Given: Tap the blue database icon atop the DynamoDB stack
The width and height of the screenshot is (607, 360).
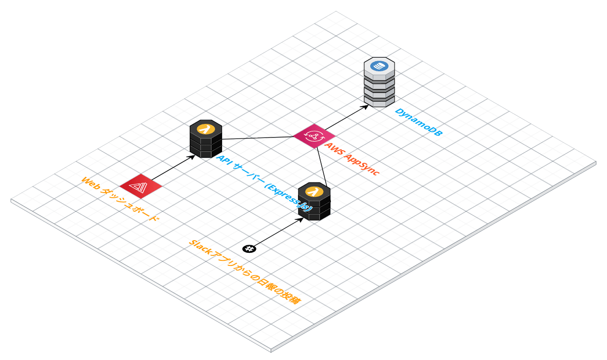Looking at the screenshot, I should tap(379, 66).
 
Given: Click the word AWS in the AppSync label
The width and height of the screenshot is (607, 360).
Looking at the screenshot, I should tap(334, 149).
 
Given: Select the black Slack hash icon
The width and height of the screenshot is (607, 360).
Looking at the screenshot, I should tap(249, 248).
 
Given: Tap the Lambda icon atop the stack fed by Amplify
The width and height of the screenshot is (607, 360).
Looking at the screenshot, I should tap(205, 128).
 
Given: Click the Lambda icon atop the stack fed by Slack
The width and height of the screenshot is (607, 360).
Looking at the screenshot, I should tap(314, 191).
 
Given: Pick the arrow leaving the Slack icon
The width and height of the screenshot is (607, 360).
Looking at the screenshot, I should tap(276, 233).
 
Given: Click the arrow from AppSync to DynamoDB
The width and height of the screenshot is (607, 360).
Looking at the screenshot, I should tap(344, 118).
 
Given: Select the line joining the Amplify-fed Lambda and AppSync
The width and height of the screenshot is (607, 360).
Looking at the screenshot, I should tap(258, 137).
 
